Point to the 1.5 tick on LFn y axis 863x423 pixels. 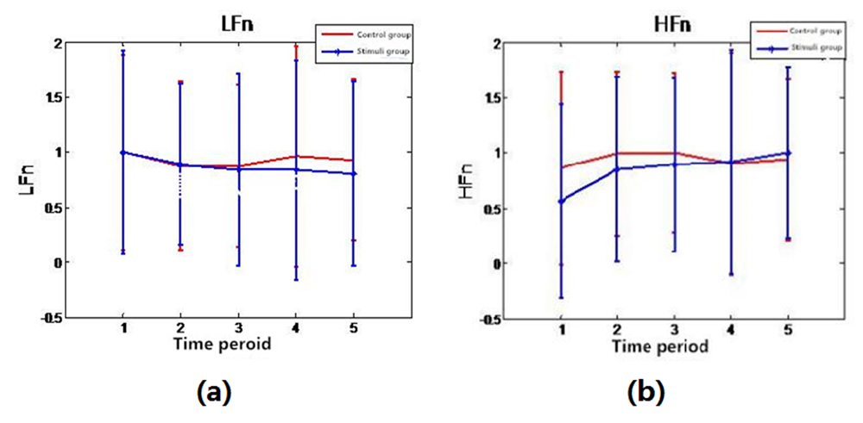point(53,97)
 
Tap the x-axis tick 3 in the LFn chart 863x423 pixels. point(238,330)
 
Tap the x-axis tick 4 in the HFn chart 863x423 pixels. point(732,330)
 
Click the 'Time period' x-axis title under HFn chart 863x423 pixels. point(661,346)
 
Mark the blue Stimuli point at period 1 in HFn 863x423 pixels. point(562,201)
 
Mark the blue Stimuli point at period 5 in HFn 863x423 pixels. point(786,153)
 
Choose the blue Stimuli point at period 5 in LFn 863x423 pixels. point(354,173)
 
